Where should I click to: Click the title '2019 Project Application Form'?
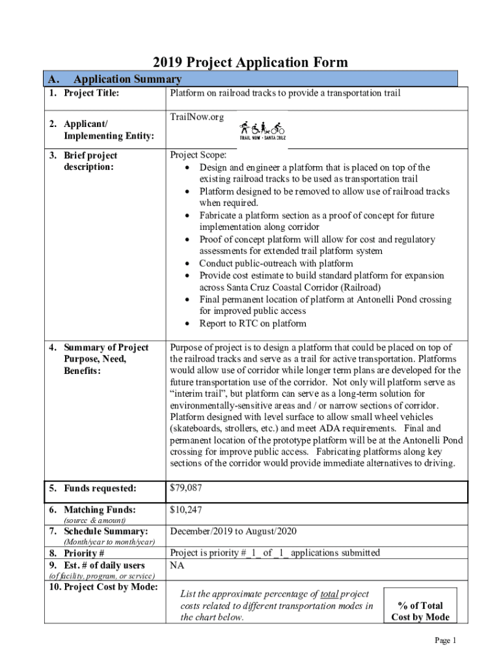point(251,63)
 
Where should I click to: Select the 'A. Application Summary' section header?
point(114,79)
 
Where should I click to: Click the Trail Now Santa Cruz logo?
point(262,130)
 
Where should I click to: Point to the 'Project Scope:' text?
point(198,156)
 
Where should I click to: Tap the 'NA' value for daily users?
point(176,565)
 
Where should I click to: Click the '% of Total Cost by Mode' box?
point(420,611)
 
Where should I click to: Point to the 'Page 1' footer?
point(446,640)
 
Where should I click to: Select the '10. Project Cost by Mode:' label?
point(103,587)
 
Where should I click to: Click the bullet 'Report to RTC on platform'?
point(252,324)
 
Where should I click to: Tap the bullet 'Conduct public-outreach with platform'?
point(276,263)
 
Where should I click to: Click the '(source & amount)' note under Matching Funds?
point(94,520)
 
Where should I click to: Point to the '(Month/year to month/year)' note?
point(109,542)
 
